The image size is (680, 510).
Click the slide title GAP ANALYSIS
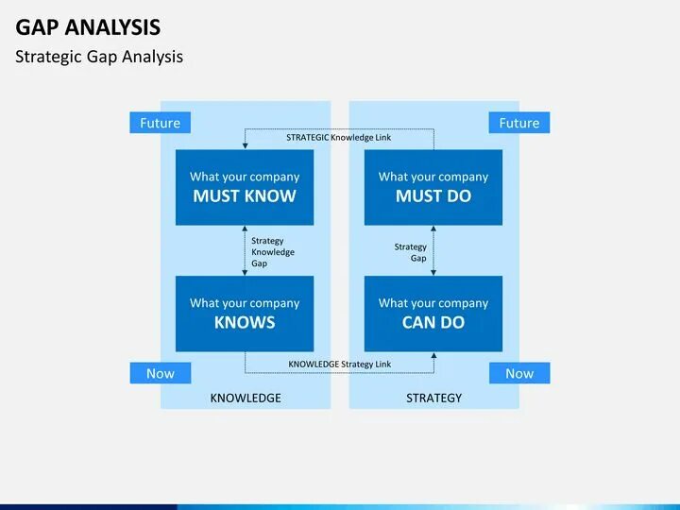[88, 26]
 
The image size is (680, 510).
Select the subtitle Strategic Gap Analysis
[99, 57]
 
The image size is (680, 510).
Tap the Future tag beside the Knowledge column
[160, 123]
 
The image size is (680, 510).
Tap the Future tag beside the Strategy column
[518, 123]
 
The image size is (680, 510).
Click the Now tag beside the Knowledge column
[160, 373]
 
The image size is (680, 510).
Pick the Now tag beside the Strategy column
[518, 373]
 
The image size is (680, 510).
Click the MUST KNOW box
[245, 187]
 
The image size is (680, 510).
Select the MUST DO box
[433, 187]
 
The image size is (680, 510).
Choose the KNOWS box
[245, 314]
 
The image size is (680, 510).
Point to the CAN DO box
[433, 314]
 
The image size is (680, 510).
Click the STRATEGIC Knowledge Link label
[338, 137]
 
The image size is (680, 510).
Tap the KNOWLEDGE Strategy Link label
[339, 364]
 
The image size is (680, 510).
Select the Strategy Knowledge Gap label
[272, 252]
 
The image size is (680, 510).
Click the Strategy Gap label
[411, 252]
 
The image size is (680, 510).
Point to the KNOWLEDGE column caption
[246, 398]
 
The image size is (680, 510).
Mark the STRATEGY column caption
[433, 398]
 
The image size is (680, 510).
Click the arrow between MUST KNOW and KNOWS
[245, 250]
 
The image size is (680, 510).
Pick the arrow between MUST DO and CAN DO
[433, 250]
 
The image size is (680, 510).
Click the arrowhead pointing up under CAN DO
[433, 357]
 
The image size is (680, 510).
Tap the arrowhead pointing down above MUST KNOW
[245, 144]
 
